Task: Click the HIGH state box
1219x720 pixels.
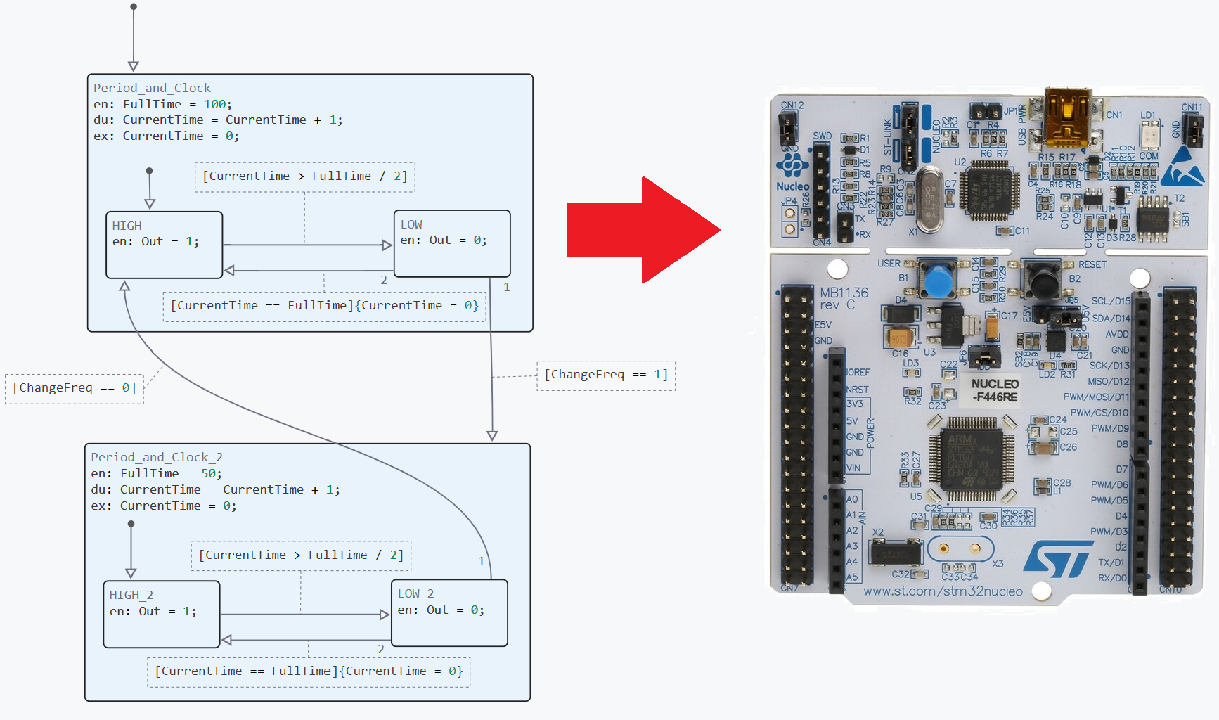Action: click(164, 245)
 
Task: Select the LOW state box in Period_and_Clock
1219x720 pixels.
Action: click(452, 243)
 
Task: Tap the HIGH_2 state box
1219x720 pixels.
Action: click(161, 614)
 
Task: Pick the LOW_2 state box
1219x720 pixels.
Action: click(449, 612)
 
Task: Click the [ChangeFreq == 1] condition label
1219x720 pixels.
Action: click(606, 375)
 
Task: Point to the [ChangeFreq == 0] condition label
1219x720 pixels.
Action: click(75, 388)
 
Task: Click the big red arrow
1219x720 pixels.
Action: click(643, 230)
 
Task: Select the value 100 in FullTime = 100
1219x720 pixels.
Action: click(214, 104)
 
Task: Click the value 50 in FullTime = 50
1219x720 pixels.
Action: click(209, 473)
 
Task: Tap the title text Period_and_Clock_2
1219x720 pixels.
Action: click(157, 457)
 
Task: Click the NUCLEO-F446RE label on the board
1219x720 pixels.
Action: click(995, 390)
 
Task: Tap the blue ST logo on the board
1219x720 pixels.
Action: click(1058, 559)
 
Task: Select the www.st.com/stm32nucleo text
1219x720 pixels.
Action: click(943, 591)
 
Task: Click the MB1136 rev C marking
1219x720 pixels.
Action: click(843, 298)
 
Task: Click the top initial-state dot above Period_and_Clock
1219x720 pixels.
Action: click(134, 6)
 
